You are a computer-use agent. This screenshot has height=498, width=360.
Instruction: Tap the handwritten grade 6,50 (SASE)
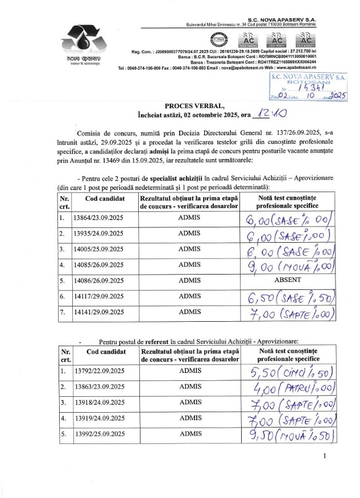(x=288, y=296)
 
